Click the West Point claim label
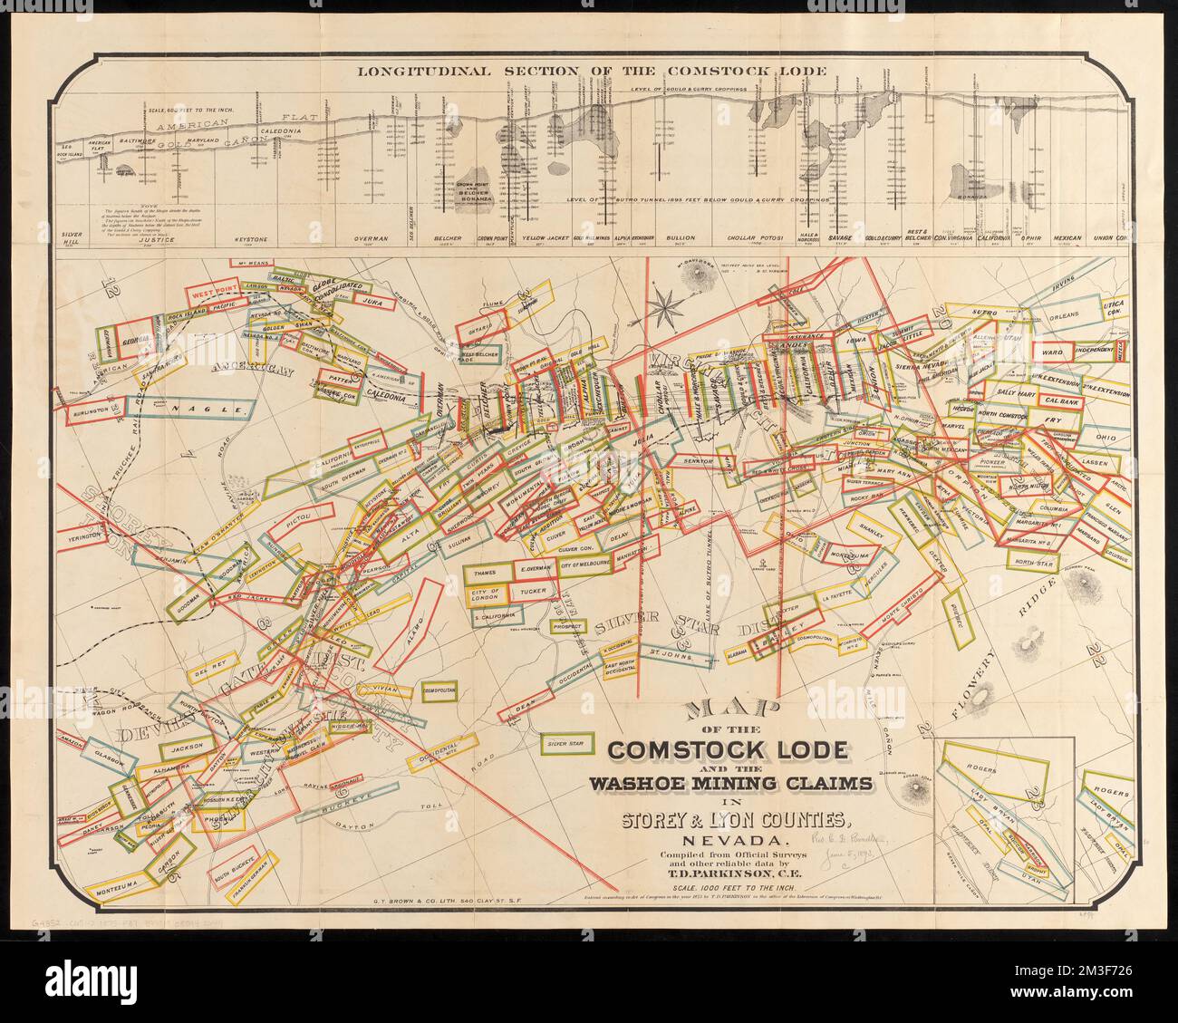pos(212,294)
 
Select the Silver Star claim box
pos(565,743)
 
